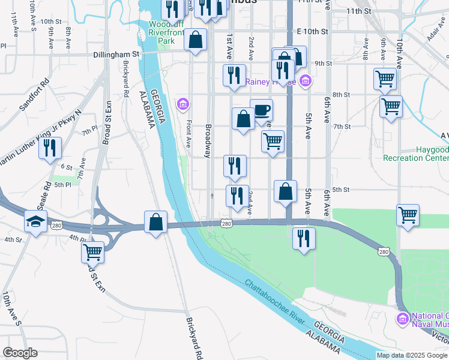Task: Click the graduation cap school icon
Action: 36,221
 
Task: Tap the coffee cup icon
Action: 262,111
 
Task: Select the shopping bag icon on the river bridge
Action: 156,222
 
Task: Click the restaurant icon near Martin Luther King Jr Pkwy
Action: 50,148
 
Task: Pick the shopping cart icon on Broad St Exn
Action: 93,252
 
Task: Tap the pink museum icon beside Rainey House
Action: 306,80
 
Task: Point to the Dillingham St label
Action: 116,54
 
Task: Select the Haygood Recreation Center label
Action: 416,154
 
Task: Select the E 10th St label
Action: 313,31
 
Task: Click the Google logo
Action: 20,353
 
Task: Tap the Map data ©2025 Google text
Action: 411,355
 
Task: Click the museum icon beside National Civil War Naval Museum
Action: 402,317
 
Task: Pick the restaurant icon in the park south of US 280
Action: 304,238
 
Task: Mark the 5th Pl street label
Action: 63,185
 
